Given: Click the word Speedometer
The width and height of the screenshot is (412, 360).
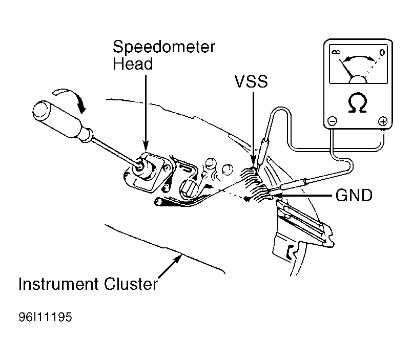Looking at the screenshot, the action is click(x=164, y=47).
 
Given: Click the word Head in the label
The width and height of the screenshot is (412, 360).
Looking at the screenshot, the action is click(x=133, y=64).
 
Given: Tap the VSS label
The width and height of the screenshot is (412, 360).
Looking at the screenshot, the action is click(x=251, y=81).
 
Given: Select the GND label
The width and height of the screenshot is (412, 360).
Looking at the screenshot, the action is click(x=354, y=195).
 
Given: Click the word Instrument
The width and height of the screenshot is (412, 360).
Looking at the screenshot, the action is click(x=59, y=284).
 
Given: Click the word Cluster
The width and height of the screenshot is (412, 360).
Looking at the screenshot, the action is click(x=131, y=284).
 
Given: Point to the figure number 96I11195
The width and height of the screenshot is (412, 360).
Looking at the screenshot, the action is click(x=45, y=317).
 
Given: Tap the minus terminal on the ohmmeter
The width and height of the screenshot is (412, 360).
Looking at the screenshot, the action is click(x=333, y=121).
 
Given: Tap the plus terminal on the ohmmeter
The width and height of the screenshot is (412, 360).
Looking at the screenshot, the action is click(x=383, y=121).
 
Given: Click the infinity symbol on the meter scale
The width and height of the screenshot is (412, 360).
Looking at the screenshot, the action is click(x=336, y=52).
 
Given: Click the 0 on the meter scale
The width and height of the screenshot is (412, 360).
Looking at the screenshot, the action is click(x=382, y=53).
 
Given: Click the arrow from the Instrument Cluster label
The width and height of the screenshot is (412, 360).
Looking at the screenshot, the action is click(x=170, y=266).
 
